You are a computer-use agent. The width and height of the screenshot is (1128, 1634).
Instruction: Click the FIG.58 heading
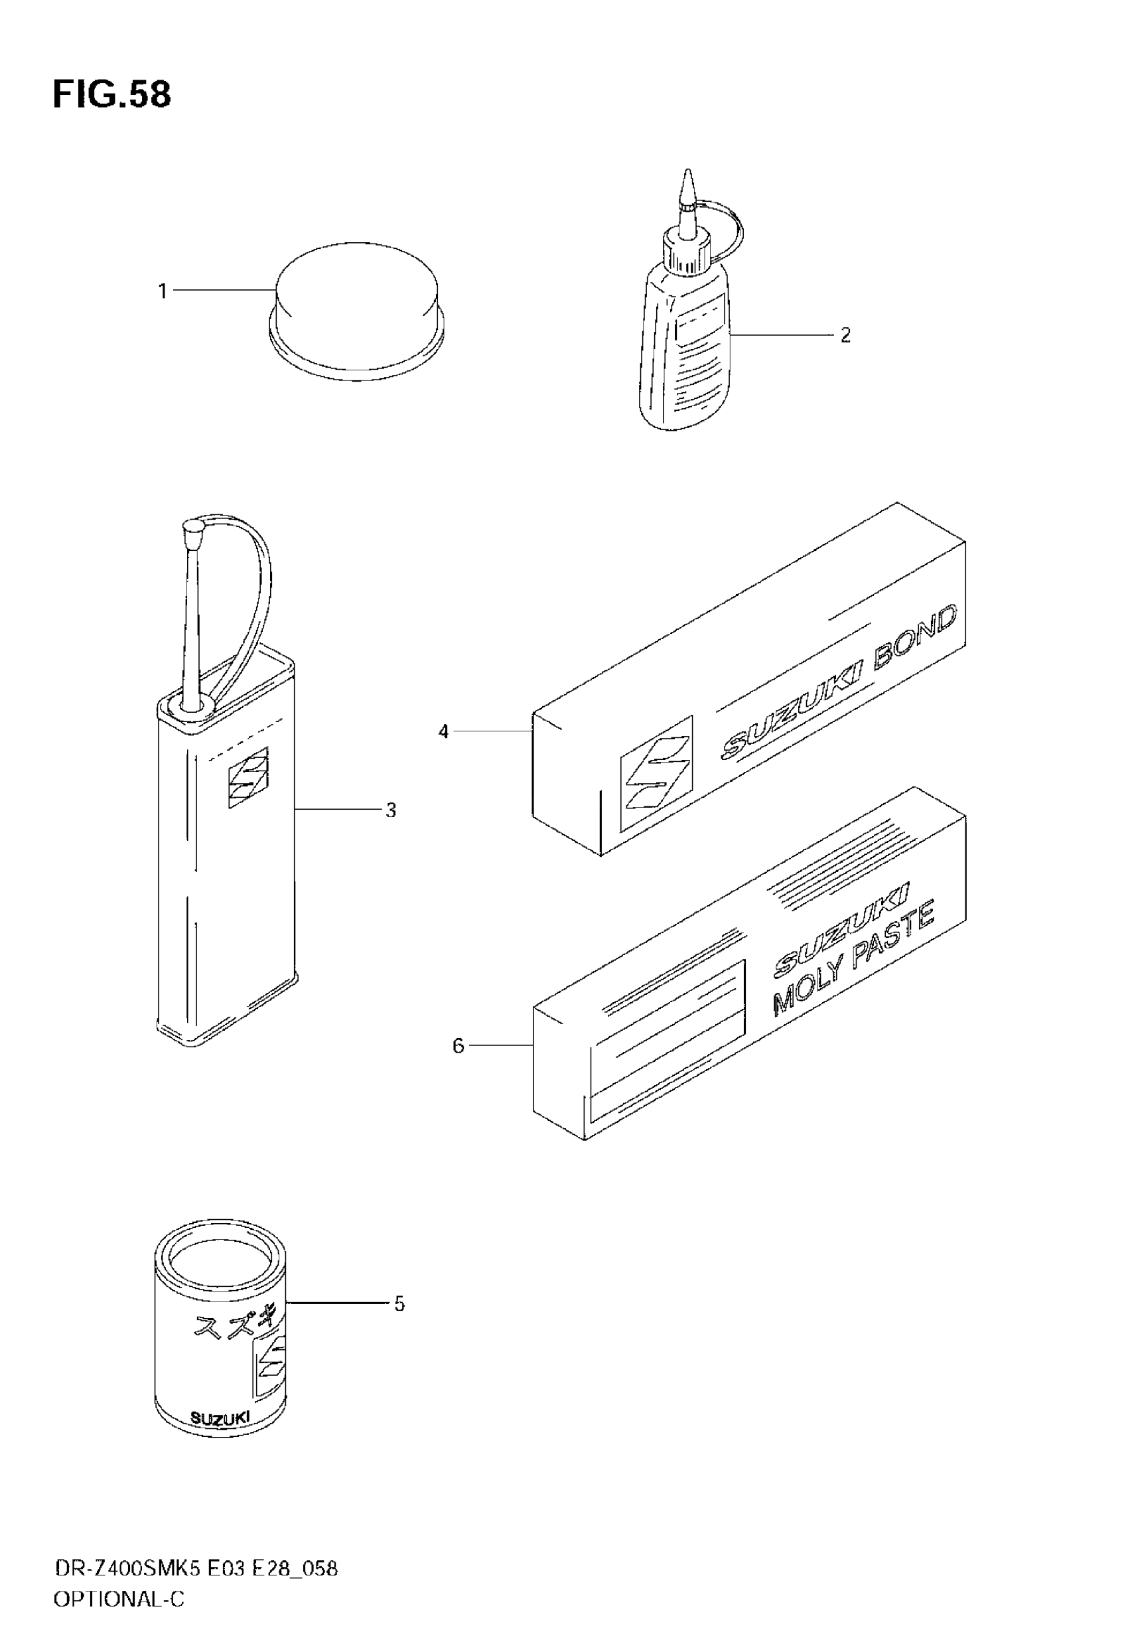(111, 95)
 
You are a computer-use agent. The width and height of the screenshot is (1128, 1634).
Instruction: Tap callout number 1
(163, 291)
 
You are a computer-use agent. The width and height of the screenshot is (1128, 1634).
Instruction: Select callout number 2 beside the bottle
(845, 335)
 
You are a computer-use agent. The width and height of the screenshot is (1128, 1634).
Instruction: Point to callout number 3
(391, 810)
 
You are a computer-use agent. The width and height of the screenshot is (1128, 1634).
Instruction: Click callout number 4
(443, 731)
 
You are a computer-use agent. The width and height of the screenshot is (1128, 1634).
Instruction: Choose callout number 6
(458, 1045)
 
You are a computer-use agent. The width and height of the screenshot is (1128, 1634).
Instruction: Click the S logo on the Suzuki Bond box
(656, 773)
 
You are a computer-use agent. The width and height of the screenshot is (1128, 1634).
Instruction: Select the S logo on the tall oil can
(248, 777)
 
